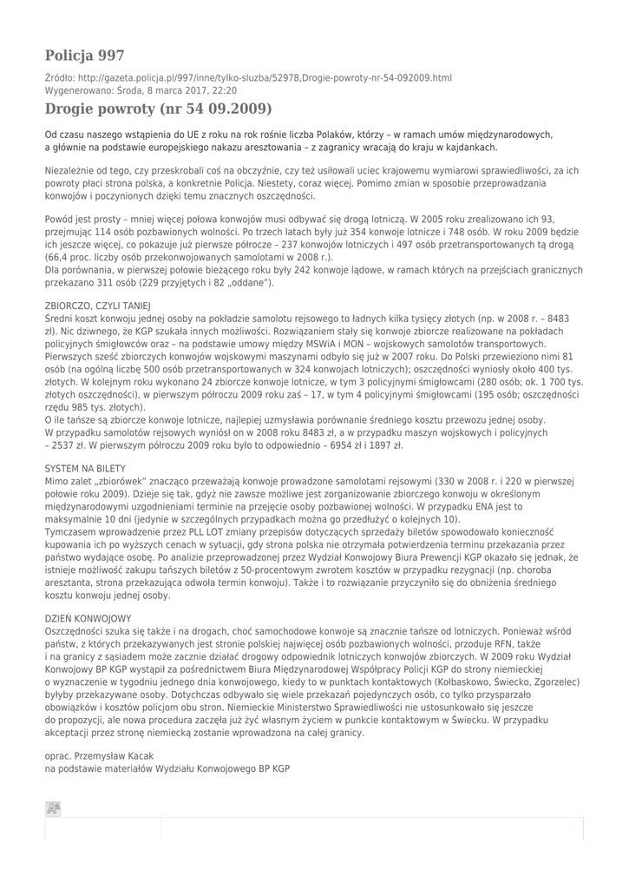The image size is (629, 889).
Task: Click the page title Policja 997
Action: coord(84,56)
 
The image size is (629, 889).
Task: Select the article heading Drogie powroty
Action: coord(159,109)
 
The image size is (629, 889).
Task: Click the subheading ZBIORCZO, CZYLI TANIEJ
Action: coord(97,306)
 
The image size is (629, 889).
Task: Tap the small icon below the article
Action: coord(53,809)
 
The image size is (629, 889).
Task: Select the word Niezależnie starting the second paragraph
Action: coord(75,171)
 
